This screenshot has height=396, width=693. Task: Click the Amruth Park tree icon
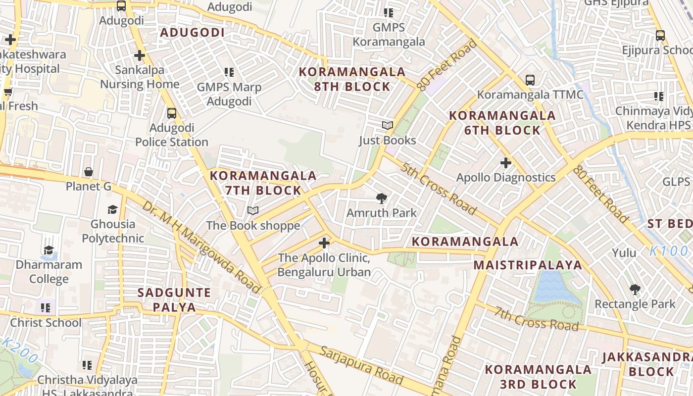[381, 199]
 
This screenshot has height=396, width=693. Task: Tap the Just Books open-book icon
[387, 126]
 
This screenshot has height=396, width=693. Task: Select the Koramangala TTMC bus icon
[530, 80]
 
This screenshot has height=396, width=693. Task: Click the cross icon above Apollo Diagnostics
[505, 162]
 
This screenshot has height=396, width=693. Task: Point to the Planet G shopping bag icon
[89, 172]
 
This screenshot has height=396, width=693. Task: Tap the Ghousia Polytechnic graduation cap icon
[112, 209]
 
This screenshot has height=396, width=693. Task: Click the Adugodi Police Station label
[171, 135]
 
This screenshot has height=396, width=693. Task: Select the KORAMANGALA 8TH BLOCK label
[352, 79]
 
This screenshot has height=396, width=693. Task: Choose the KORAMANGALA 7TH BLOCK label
[263, 183]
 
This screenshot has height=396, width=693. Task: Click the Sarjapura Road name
[361, 365]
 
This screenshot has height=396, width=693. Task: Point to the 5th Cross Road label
[439, 189]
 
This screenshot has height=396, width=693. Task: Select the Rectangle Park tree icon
[635, 290]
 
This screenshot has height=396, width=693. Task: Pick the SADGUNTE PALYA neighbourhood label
[174, 299]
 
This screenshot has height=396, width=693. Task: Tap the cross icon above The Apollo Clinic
[324, 243]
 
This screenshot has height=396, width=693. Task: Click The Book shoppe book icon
[253, 211]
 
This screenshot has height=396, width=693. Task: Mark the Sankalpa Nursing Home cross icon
[140, 55]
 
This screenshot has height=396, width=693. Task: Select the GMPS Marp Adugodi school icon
[229, 72]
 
